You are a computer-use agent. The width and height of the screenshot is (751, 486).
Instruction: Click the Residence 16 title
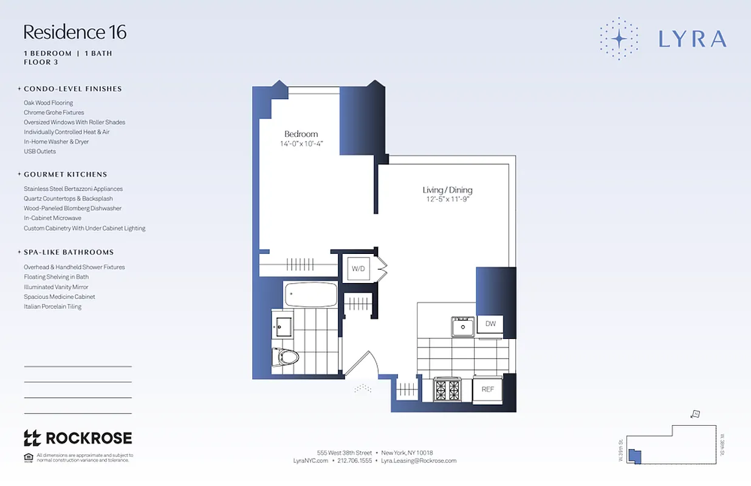point(75,32)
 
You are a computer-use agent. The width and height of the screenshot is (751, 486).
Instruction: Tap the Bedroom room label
point(301,134)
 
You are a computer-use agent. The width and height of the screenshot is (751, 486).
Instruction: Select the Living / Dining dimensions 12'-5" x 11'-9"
point(447,199)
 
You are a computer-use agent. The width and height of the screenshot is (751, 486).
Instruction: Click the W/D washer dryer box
point(358,268)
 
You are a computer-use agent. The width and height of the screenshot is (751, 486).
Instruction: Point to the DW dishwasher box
point(490,324)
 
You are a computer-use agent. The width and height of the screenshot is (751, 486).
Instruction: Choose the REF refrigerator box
point(487,389)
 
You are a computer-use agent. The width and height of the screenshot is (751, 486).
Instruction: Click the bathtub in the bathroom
point(310,295)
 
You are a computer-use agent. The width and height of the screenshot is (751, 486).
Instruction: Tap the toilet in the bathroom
point(285,357)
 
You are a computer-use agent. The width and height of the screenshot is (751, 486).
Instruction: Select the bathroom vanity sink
point(283,327)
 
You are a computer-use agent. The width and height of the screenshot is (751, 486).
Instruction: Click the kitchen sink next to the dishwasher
point(463,327)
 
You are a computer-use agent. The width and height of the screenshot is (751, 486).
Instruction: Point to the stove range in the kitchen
point(447,389)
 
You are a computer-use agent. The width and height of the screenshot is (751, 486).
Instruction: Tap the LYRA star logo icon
point(619,38)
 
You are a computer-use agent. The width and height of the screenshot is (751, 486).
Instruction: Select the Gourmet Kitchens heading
point(65,174)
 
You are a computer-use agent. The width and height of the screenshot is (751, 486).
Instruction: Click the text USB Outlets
point(39,151)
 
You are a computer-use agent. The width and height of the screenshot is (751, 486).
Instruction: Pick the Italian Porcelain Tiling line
point(52,307)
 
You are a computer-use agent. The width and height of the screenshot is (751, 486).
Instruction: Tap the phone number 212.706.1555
point(354,461)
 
